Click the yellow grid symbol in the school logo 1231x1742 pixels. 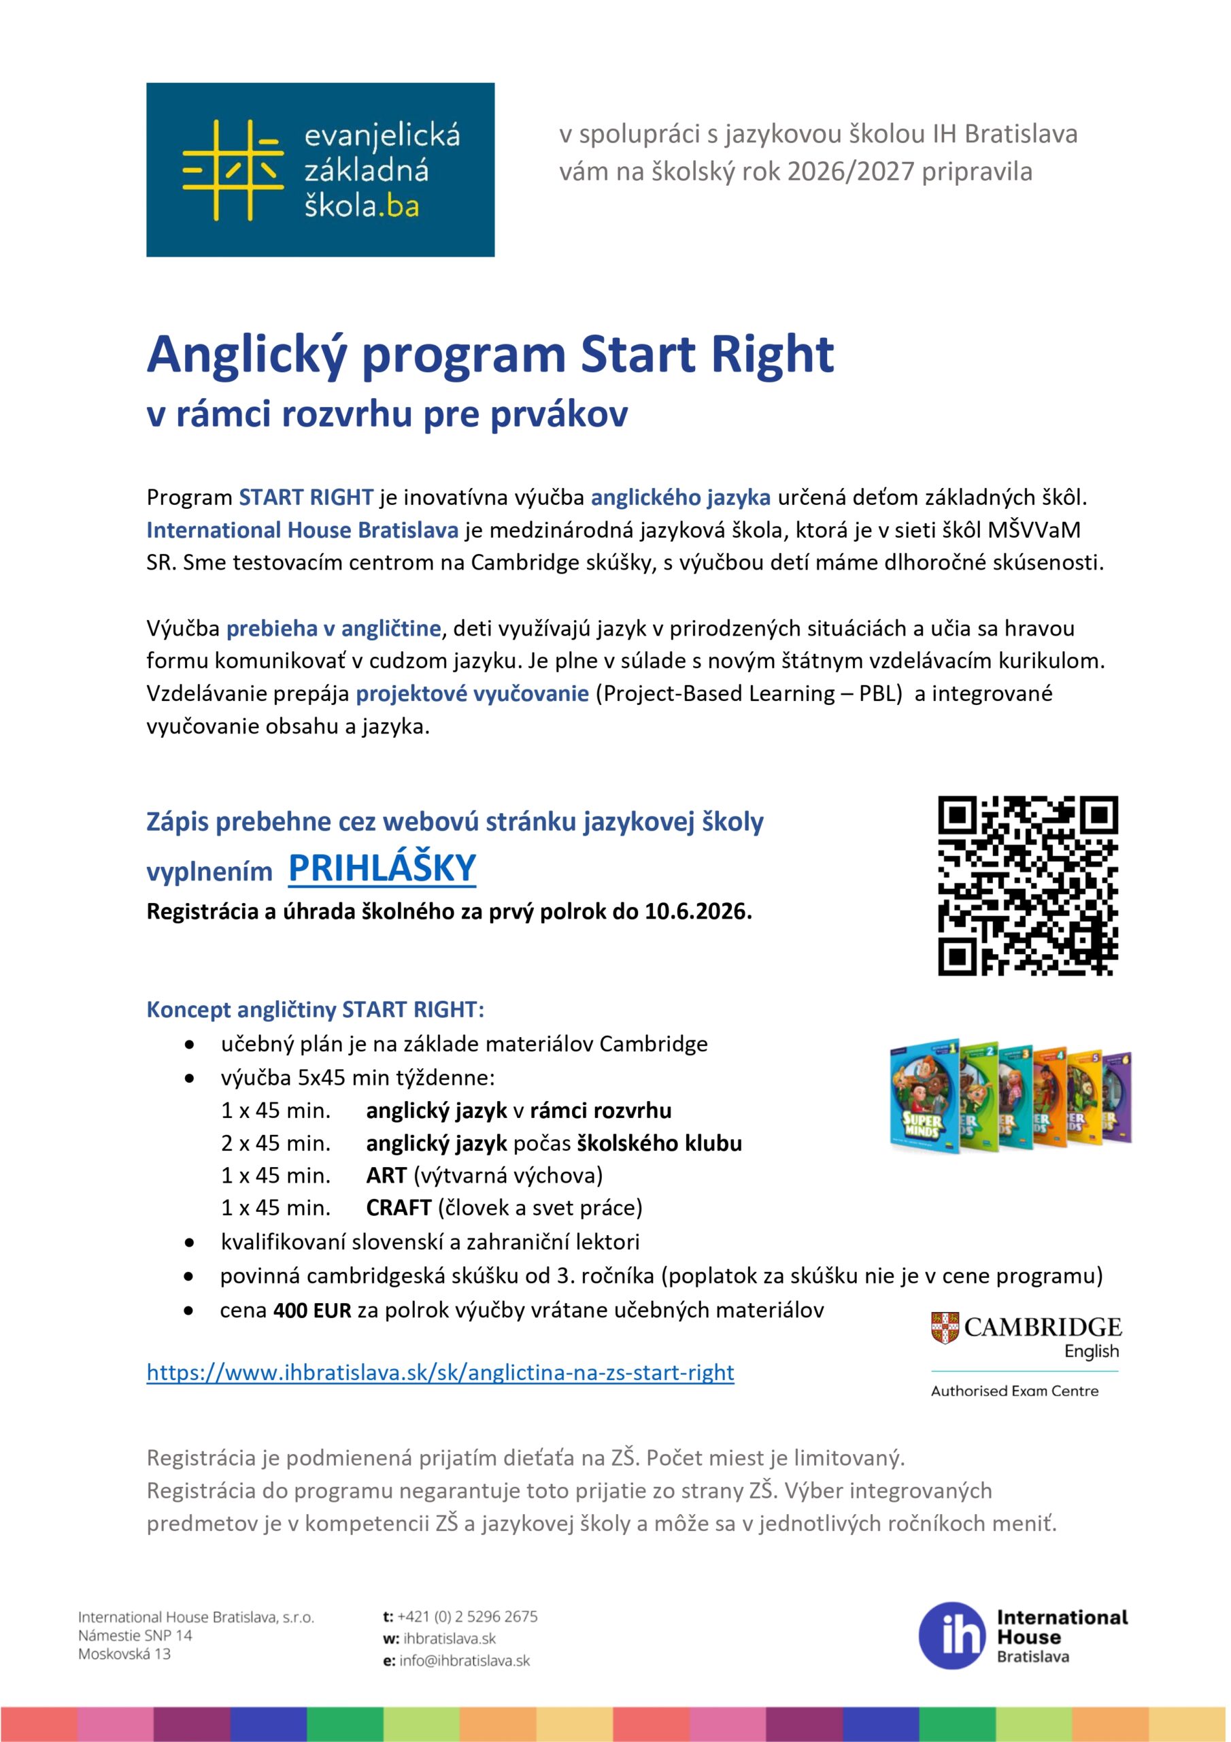coord(233,170)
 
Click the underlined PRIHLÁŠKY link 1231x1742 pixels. coord(382,869)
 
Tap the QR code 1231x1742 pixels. coord(1028,885)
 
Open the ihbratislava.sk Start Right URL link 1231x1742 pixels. coord(440,1373)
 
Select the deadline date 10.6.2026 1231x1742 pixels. coord(697,912)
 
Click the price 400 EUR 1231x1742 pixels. coord(311,1311)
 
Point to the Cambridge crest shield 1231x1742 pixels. coord(944,1328)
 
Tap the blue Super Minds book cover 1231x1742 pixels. coord(924,1096)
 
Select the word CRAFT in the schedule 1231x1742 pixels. coord(398,1208)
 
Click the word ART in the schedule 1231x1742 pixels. coord(386,1175)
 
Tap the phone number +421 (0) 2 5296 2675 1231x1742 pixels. coord(467,1617)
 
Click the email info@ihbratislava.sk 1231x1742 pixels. coord(465,1661)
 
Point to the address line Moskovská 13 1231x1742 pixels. coord(124,1654)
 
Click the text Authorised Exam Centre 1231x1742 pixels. coord(1014,1391)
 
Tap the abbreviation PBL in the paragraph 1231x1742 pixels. coord(880,694)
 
